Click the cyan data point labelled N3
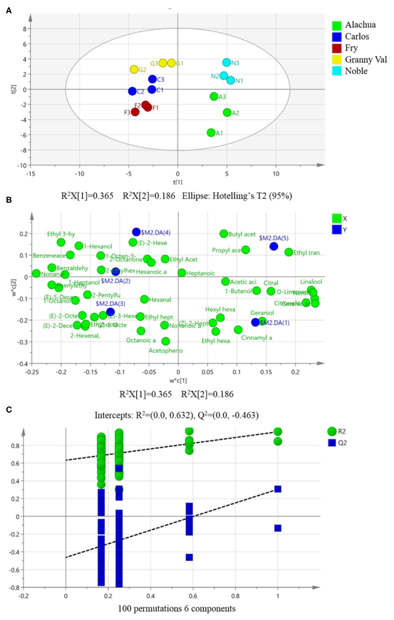tap(226, 63)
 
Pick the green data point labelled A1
tap(211, 133)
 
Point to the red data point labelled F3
tap(135, 112)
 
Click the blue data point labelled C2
tap(132, 91)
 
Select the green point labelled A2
tap(227, 113)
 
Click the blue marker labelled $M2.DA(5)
tap(273, 246)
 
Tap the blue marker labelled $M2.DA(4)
tap(136, 232)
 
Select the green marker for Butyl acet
tap(223, 234)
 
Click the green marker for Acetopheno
tap(165, 341)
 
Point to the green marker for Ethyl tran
tap(288, 252)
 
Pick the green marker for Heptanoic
tap(182, 273)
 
